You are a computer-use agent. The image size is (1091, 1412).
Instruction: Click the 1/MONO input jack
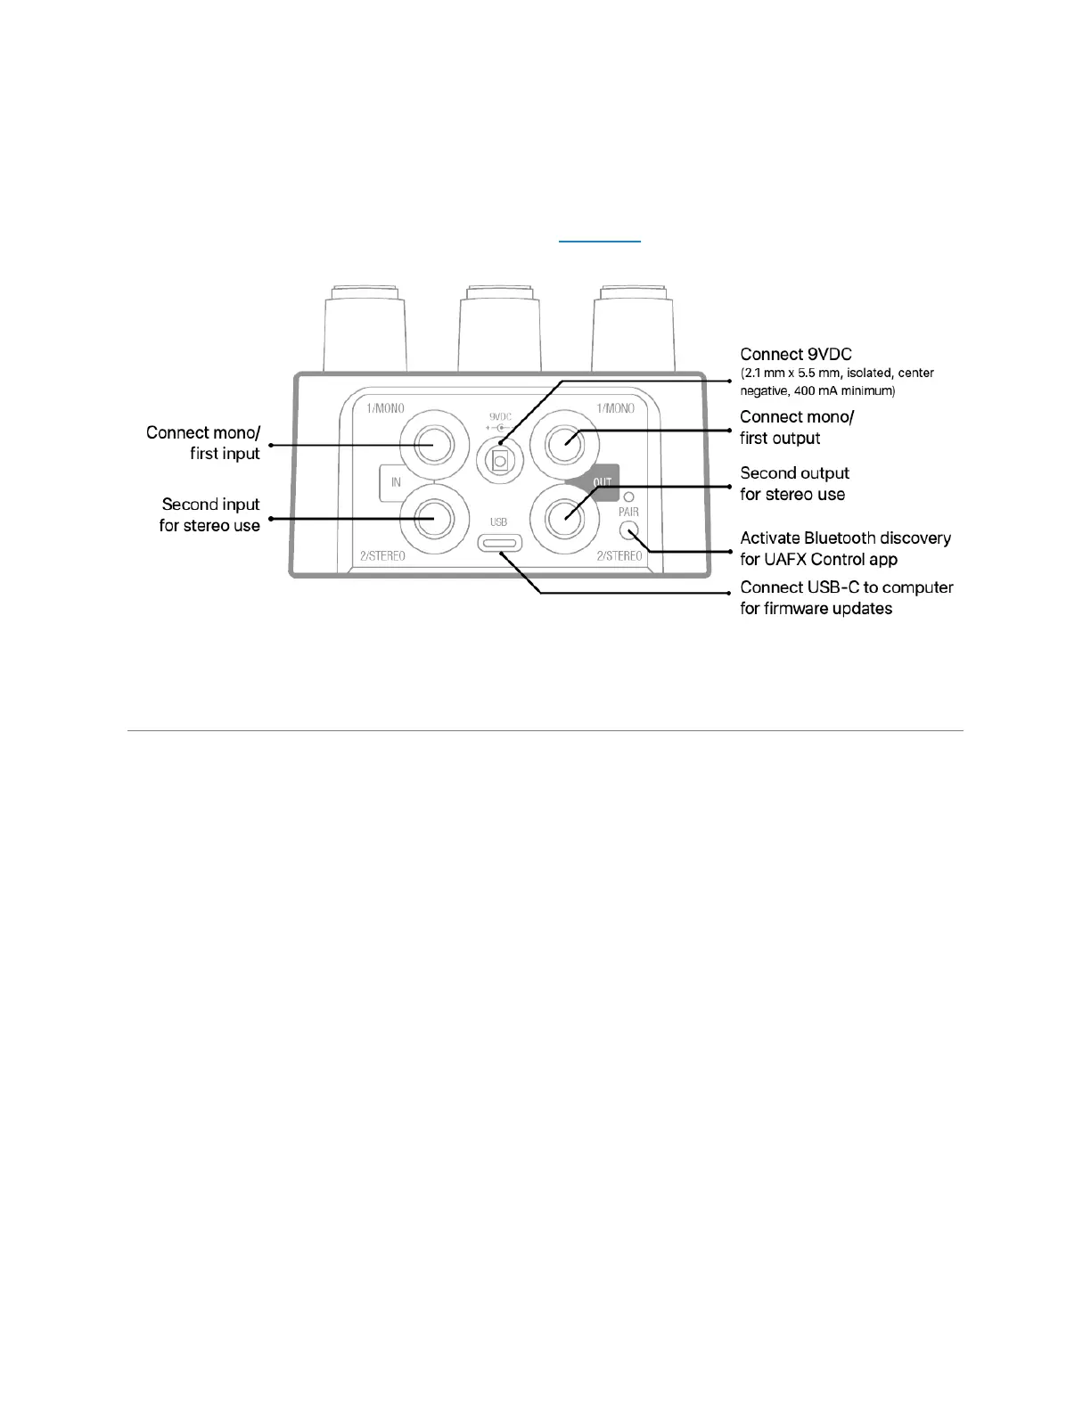[433, 444]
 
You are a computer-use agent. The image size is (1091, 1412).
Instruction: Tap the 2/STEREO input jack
[433, 517]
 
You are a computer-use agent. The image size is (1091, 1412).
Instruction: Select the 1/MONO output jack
[563, 444]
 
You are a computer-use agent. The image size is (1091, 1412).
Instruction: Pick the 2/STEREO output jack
[563, 517]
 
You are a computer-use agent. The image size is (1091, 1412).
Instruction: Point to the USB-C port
[499, 542]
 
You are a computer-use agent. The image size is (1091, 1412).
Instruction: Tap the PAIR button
[630, 532]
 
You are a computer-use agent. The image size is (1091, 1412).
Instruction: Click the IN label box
[396, 482]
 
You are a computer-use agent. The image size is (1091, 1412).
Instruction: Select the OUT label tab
[603, 482]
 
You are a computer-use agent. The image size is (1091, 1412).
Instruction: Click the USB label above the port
[498, 521]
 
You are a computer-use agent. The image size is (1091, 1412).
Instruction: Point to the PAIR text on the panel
[628, 513]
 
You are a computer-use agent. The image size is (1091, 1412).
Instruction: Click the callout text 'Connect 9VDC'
[795, 355]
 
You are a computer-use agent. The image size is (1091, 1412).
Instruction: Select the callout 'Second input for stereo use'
[210, 515]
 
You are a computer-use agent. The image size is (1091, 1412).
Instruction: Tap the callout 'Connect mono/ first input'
[203, 443]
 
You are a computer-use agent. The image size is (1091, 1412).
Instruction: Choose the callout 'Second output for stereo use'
[793, 483]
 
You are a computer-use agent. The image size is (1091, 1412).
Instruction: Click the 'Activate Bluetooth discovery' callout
[845, 538]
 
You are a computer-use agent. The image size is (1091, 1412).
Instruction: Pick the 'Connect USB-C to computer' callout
[846, 587]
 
